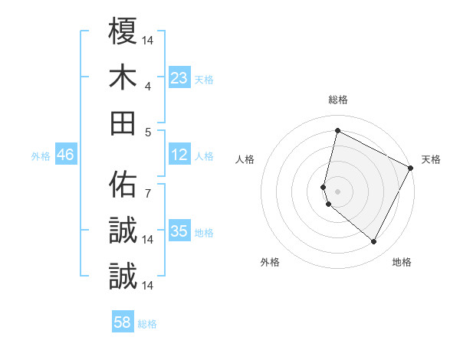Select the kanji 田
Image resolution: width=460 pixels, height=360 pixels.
(123, 123)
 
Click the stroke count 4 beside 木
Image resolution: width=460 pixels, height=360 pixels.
(149, 86)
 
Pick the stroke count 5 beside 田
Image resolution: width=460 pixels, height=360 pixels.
(149, 132)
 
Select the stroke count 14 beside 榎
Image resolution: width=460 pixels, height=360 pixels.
(149, 39)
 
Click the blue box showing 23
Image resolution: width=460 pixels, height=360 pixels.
(179, 78)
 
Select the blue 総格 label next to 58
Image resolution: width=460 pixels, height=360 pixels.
(147, 324)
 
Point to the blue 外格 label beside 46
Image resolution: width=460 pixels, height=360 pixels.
(41, 156)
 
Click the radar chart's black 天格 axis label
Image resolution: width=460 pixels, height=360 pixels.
(431, 159)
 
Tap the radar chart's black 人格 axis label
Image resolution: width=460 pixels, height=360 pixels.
(245, 159)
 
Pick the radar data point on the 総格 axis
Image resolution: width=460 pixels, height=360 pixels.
(337, 131)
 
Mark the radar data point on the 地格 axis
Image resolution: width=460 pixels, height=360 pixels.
(373, 242)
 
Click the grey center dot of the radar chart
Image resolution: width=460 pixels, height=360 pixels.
(337, 191)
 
